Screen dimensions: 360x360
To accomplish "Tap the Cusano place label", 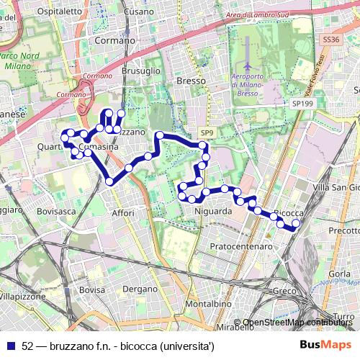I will coord(138,12).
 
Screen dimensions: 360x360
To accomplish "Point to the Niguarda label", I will coord(213,212).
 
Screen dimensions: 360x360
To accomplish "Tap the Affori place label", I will coord(123,213).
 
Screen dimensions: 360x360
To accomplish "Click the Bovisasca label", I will coord(56,212).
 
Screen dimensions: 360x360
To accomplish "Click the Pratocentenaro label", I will coord(241,246).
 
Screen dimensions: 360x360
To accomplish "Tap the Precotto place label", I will coord(343,230).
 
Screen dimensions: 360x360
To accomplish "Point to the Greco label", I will coord(284,291).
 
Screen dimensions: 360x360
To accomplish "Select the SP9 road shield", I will coord(207,133).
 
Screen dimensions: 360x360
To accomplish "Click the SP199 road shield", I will coord(303,104).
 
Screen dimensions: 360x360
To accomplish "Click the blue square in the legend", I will coord(11,346).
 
